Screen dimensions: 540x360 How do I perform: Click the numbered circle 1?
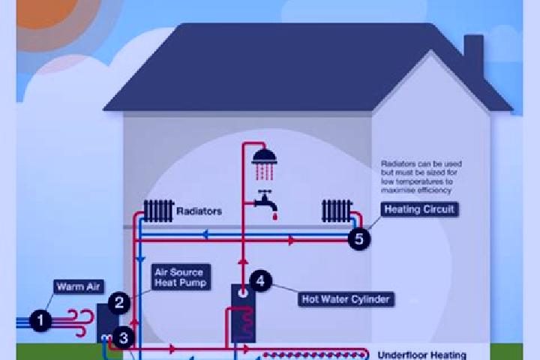40,320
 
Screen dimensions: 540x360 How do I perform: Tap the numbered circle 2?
119,303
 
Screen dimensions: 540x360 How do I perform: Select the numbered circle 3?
123,338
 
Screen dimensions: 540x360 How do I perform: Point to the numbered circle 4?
260,280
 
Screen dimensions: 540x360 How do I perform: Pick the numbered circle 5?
358,238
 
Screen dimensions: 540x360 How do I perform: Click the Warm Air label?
79,286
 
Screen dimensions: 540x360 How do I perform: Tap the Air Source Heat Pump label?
181,277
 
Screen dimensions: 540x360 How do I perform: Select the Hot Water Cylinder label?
346,299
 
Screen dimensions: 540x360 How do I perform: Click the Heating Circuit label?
419,209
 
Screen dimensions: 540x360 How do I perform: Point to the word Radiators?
199,211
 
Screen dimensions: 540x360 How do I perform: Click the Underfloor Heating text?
421,355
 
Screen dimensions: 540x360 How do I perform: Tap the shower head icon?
265,165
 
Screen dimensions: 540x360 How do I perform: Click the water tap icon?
265,200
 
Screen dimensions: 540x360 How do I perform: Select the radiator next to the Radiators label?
158,211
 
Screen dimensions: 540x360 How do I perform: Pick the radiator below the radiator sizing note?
337,211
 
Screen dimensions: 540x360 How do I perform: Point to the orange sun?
46,10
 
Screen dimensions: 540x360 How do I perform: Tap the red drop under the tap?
274,217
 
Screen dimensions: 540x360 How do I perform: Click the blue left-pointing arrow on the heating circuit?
205,235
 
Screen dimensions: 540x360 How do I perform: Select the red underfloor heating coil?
314,355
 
